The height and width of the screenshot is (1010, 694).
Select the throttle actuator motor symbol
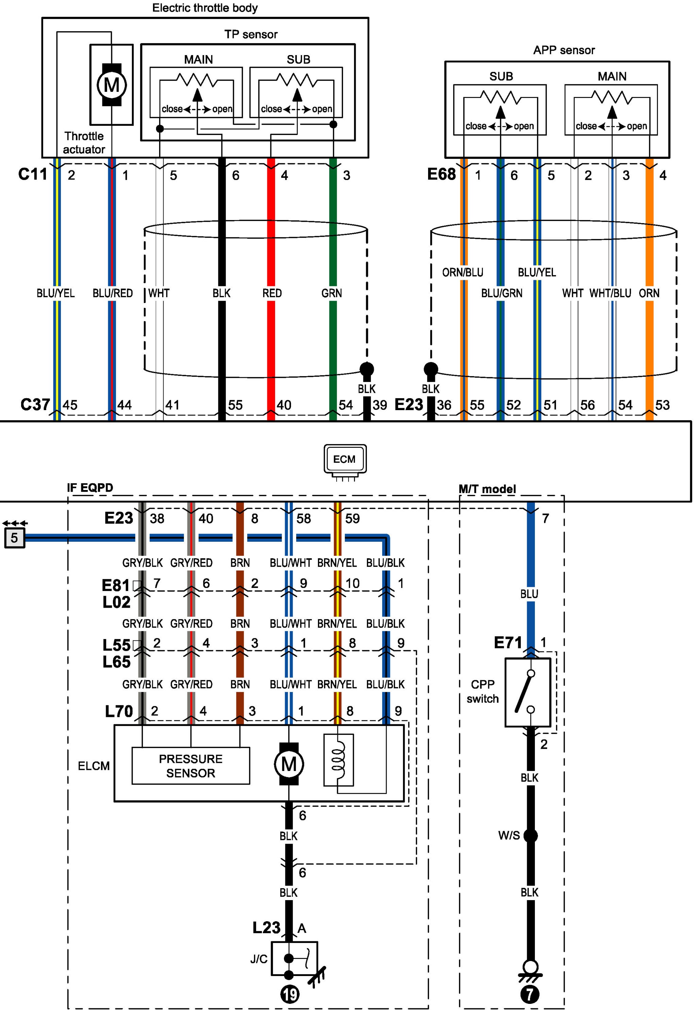(x=112, y=84)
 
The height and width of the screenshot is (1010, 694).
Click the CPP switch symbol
(x=527, y=692)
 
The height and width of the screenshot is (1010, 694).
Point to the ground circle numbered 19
(x=290, y=994)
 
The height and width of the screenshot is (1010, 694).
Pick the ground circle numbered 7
(x=530, y=994)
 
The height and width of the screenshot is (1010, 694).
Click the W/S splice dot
(x=530, y=836)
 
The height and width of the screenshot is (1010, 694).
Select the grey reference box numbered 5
(x=14, y=538)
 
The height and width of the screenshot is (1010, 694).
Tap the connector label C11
(x=33, y=174)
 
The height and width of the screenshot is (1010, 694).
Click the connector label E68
(x=441, y=174)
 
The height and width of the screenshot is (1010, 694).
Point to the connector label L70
(x=119, y=711)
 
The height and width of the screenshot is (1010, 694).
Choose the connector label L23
(x=266, y=928)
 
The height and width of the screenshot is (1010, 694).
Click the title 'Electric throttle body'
(x=205, y=8)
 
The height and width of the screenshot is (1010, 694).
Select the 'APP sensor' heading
(x=564, y=50)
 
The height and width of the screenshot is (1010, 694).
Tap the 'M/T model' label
(x=488, y=489)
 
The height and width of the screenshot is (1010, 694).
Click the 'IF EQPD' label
(x=90, y=488)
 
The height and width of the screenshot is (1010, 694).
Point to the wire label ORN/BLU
(x=463, y=273)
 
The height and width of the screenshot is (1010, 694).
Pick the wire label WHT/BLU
(x=610, y=293)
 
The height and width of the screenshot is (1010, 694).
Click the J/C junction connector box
(x=294, y=959)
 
